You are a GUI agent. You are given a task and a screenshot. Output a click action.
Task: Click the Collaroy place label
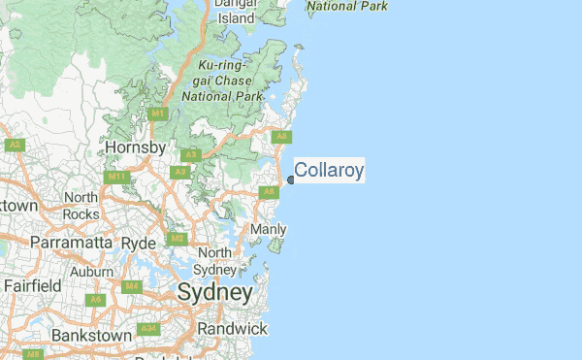tap(329, 172)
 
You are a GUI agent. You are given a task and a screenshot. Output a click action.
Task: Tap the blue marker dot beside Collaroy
tap(291, 180)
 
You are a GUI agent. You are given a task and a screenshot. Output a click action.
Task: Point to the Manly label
tap(269, 229)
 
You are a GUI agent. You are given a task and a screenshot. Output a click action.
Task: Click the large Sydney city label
tap(214, 292)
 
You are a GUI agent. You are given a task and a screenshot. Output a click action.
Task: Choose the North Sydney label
tap(213, 260)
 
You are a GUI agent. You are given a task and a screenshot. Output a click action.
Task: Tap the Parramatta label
tap(73, 242)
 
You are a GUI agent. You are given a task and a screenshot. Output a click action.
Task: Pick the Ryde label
tap(138, 242)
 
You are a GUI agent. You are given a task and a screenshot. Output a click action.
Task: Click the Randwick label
tap(231, 329)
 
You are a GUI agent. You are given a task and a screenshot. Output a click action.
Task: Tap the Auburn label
tap(91, 272)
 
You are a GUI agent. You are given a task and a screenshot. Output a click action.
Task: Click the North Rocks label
tap(81, 205)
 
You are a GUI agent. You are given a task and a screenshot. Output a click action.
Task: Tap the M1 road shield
tap(157, 114)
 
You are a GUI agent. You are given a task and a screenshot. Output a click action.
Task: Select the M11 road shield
tap(116, 177)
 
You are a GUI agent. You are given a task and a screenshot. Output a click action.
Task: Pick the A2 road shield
tap(14, 145)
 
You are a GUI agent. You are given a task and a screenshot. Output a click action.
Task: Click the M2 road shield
tap(177, 238)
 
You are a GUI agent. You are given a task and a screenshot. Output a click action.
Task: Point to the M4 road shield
tap(133, 287)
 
